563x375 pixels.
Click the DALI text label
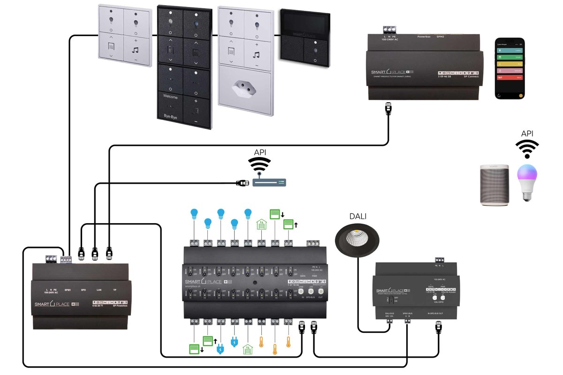pos(358,216)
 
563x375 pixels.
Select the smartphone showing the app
pos(510,68)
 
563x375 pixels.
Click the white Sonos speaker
pos(495,184)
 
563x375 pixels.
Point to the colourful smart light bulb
pos(527,183)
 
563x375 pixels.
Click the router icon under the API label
pos(269,182)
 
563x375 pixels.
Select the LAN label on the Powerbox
pos(99,290)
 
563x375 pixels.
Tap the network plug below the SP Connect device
pos(388,109)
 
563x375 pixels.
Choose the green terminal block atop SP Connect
pos(389,30)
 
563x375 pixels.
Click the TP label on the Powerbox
pos(115,290)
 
